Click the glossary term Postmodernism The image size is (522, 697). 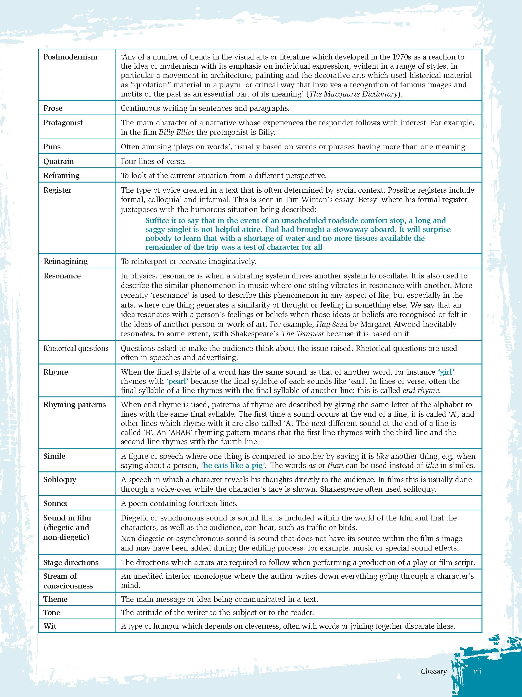(x=70, y=57)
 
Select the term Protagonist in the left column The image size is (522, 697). (x=63, y=123)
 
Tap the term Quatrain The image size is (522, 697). (x=59, y=161)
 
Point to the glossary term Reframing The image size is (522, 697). (x=61, y=176)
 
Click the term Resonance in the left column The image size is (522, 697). (x=62, y=276)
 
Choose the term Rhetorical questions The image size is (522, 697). (x=76, y=348)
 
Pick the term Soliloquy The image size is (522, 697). (x=59, y=480)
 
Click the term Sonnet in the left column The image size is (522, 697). (x=55, y=503)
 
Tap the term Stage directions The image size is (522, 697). (x=71, y=563)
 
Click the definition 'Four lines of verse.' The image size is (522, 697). (x=153, y=161)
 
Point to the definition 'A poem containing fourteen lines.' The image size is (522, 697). (x=179, y=503)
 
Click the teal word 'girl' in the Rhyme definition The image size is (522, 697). (x=446, y=372)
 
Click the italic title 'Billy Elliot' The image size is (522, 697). (x=176, y=132)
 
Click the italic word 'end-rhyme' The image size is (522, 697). (x=420, y=390)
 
